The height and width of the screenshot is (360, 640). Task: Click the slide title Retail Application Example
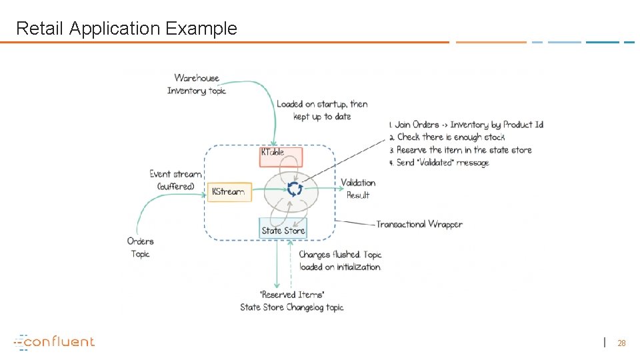tap(126, 29)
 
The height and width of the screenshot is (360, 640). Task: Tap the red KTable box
tap(281, 157)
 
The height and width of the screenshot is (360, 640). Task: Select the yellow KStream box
tap(229, 192)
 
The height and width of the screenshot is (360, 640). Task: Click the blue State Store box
tap(283, 229)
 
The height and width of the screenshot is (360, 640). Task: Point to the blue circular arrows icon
tap(294, 189)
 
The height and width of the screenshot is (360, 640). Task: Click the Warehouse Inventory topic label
tap(197, 85)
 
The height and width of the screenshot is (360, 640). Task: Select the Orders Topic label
tap(141, 247)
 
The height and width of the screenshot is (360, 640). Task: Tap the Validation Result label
tap(358, 189)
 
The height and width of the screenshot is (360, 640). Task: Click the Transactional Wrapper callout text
tap(419, 224)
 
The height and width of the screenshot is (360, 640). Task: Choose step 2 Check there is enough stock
tap(451, 137)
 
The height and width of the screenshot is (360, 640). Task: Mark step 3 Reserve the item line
tap(459, 150)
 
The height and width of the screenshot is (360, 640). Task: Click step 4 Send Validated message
tap(442, 163)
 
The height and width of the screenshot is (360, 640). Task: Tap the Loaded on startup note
tap(322, 110)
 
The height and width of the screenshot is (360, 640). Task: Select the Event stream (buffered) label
tap(175, 180)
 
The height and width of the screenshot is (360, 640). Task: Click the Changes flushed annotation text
tap(340, 261)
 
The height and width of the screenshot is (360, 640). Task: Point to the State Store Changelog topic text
tap(292, 307)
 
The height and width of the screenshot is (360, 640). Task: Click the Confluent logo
tap(55, 342)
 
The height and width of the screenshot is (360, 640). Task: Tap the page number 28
tap(621, 343)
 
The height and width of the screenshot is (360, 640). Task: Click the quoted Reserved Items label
tap(292, 295)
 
